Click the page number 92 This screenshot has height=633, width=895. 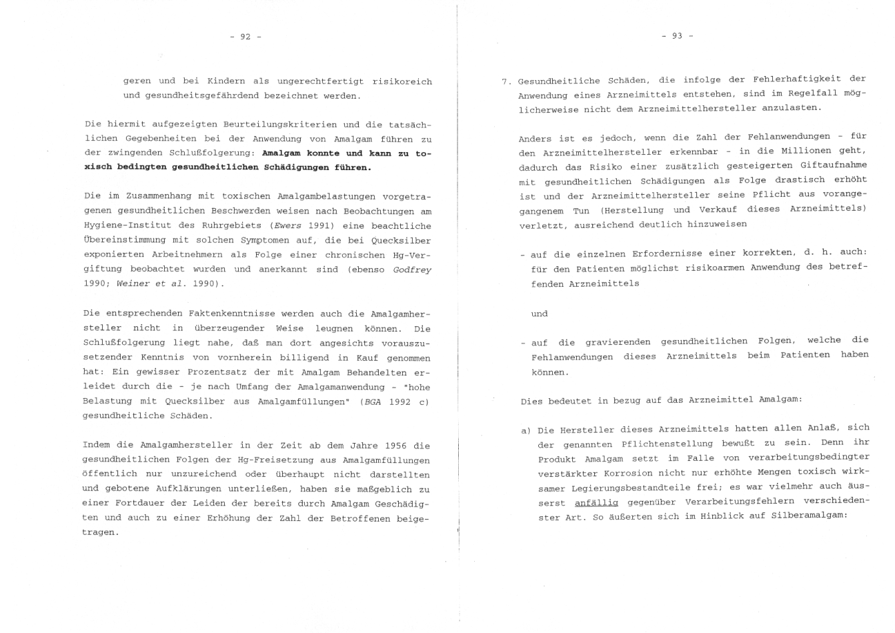pos(245,37)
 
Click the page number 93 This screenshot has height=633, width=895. pos(677,36)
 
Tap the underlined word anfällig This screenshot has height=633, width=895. pos(596,503)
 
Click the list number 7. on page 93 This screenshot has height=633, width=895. pos(506,81)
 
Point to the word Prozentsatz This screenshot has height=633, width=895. pos(216,372)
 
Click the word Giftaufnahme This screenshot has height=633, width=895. pos(834,165)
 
